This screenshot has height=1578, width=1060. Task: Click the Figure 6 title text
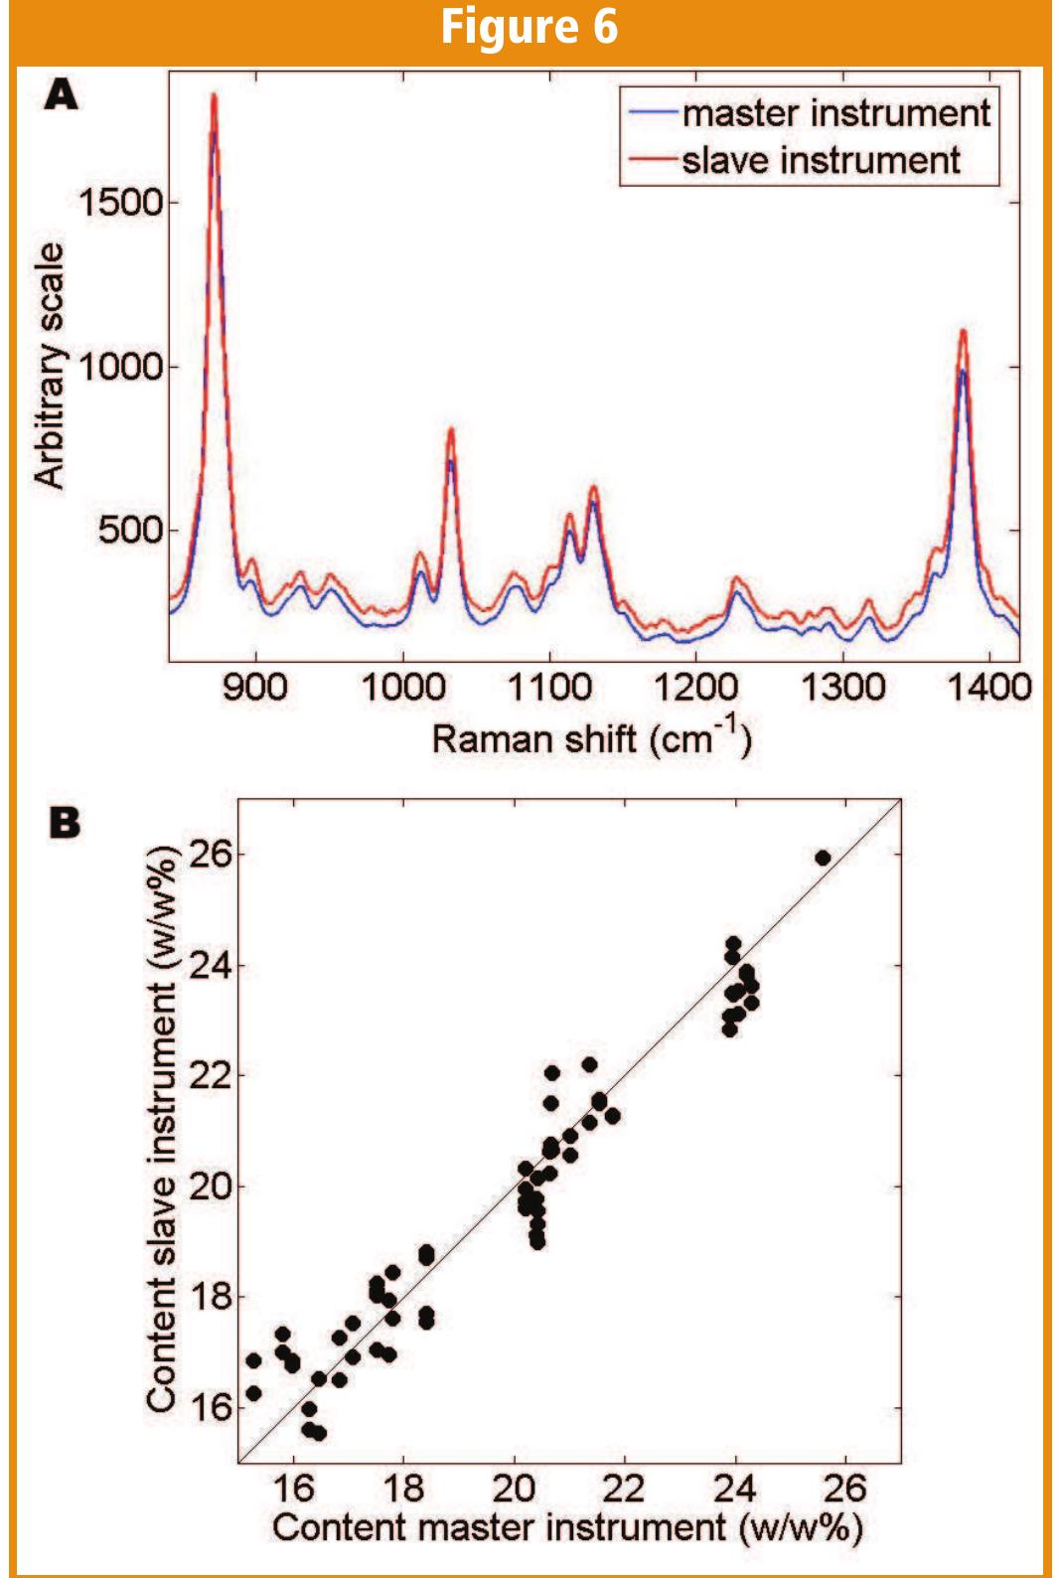(530, 27)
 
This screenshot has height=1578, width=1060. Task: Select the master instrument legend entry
(834, 113)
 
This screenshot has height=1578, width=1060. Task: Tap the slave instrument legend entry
(820, 161)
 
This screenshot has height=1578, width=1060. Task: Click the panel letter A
(61, 95)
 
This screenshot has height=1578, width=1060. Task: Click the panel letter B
(65, 823)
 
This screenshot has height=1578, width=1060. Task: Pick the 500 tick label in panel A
(129, 530)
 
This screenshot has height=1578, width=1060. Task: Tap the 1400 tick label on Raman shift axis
(989, 687)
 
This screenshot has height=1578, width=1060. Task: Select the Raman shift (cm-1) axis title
(590, 738)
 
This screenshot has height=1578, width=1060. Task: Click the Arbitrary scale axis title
(50, 366)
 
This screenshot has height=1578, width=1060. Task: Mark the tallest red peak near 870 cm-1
(214, 96)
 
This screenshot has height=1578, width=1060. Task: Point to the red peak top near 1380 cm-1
(963, 332)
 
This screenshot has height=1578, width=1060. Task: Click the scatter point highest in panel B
(823, 858)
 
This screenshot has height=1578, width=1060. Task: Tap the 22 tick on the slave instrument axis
(210, 1075)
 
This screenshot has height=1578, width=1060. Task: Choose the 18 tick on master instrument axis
(402, 1488)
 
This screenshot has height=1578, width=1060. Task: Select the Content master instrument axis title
(567, 1527)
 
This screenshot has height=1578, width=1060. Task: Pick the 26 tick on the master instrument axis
(845, 1488)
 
